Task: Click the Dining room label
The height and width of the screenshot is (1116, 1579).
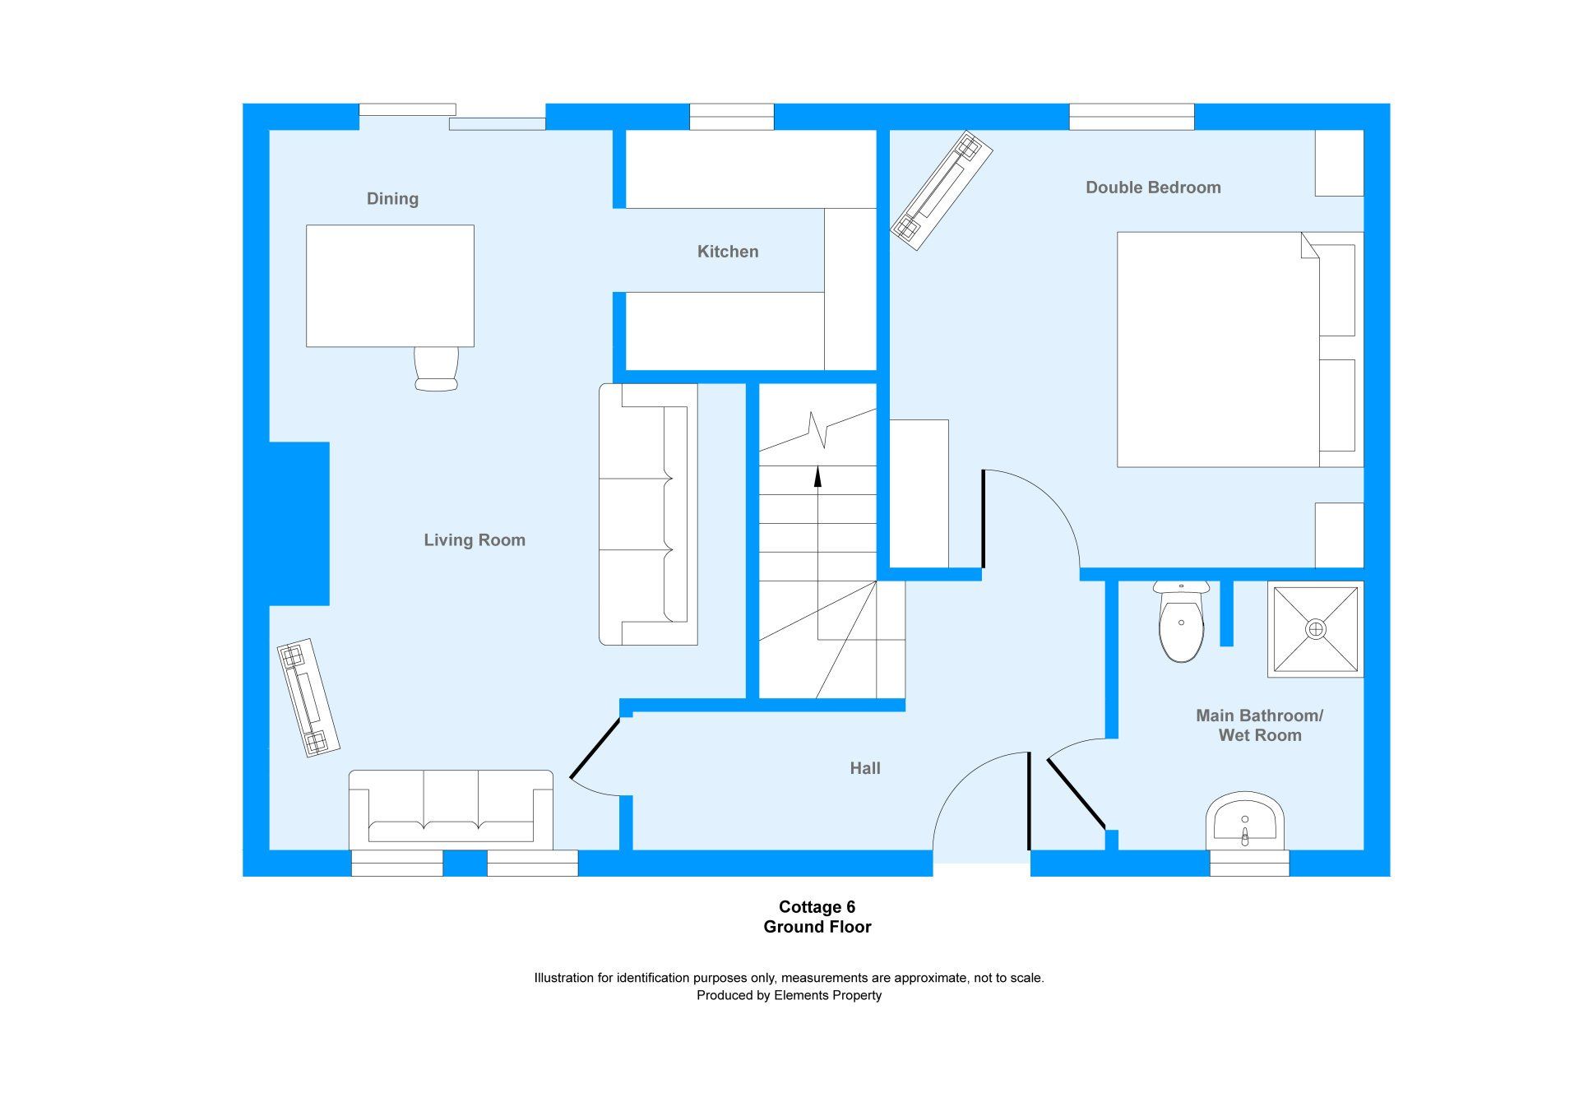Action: pyautogui.click(x=392, y=199)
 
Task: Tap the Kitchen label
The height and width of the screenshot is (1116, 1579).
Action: pyautogui.click(x=728, y=252)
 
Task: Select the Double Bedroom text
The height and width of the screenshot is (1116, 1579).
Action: pyautogui.click(x=1153, y=188)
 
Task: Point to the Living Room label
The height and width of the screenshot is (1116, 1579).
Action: pyautogui.click(x=475, y=540)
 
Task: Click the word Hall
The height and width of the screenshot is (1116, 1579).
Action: pyautogui.click(x=865, y=768)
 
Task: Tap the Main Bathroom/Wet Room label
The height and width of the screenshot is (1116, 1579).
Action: pyautogui.click(x=1259, y=725)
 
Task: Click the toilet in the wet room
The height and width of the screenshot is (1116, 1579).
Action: pyautogui.click(x=1181, y=621)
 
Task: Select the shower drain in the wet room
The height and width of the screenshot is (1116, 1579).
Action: pyautogui.click(x=1316, y=629)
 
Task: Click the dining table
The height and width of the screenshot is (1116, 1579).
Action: pyautogui.click(x=390, y=285)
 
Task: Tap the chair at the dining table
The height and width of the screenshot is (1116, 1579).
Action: pyautogui.click(x=436, y=368)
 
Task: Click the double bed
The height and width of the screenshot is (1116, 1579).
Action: pyautogui.click(x=1239, y=350)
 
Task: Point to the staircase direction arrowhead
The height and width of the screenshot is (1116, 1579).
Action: pyautogui.click(x=817, y=476)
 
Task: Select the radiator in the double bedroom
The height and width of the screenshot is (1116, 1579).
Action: pyautogui.click(x=942, y=190)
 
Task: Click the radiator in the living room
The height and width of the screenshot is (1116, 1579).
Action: pyautogui.click(x=308, y=697)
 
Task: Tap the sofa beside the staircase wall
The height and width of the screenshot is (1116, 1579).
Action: pyautogui.click(x=648, y=514)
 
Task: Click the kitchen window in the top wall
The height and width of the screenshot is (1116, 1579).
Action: pyautogui.click(x=731, y=117)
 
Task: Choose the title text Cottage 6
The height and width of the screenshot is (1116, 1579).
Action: pyautogui.click(x=817, y=907)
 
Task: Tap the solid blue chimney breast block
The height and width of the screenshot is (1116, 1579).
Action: pyautogui.click(x=299, y=524)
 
